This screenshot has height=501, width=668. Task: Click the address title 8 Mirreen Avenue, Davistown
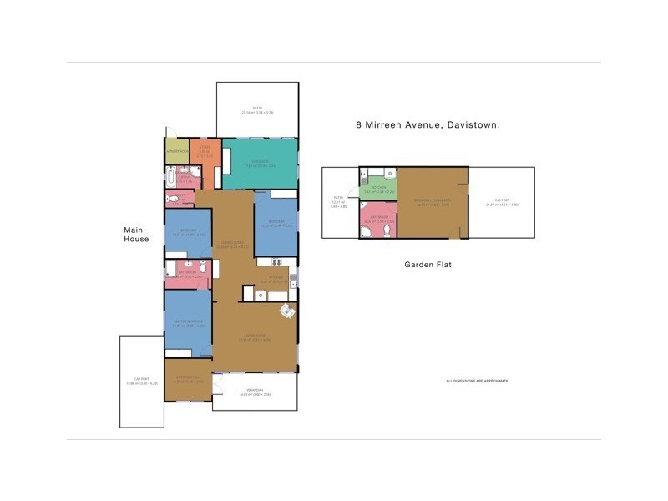428,125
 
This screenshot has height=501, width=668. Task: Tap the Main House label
136,234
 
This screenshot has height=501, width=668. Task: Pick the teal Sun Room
260,164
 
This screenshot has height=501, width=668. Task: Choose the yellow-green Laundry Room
176,151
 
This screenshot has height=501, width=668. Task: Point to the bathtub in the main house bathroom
170,177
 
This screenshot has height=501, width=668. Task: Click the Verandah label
255,392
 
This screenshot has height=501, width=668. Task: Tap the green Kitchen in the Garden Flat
378,190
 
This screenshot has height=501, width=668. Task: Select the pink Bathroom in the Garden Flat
378,221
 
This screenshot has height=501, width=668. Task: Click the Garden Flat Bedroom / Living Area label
432,203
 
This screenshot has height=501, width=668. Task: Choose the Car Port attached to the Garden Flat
502,203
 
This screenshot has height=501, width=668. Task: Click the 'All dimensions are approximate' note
477,381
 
